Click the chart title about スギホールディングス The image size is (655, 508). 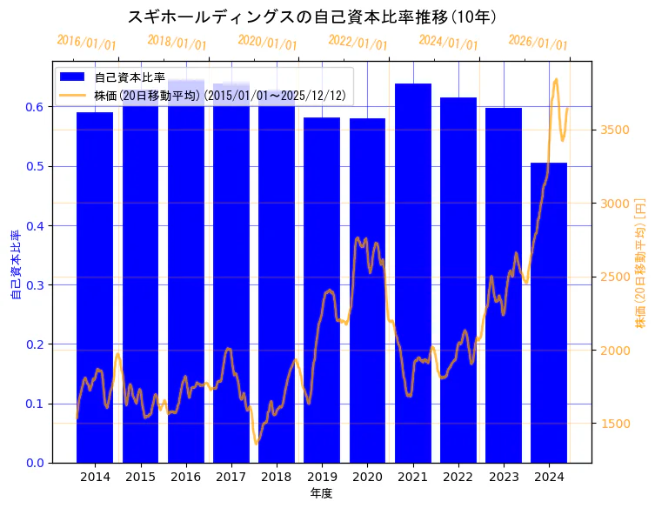pos(312,17)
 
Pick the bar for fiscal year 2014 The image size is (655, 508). pos(95,287)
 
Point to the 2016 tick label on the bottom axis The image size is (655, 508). pos(186,477)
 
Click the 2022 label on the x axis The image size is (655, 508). pos(458,477)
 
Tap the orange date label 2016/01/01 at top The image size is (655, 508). pos(86,42)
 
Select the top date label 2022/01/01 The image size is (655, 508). pos(358,42)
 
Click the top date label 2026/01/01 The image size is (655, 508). pos(538,42)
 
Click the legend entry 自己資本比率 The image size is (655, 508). pos(130,78)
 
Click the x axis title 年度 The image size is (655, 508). pos(321,493)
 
